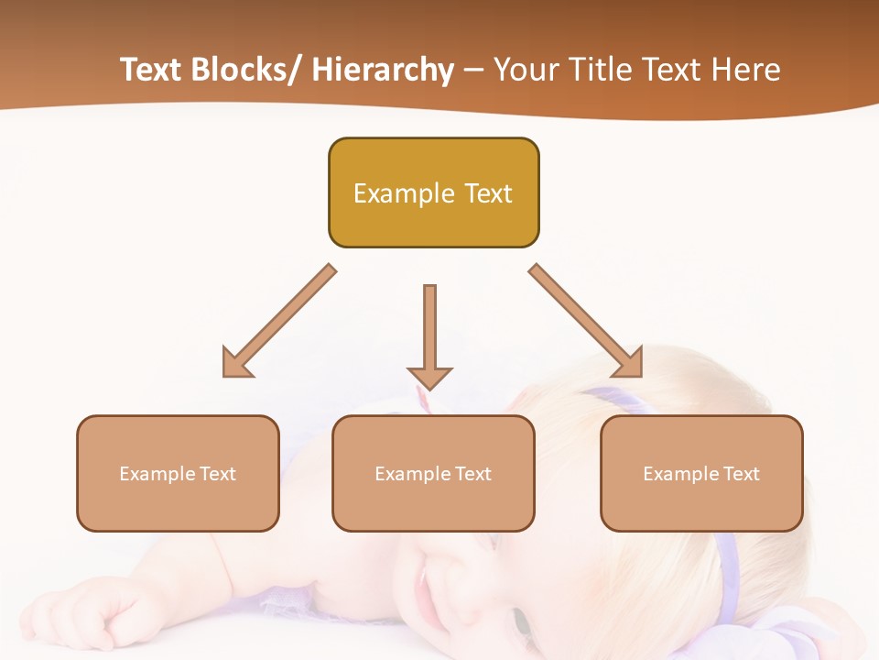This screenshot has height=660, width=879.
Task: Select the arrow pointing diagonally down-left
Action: [x=279, y=321]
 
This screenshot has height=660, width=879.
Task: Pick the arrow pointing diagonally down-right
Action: [x=586, y=321]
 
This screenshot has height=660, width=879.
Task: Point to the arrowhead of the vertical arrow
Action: [x=429, y=377]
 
